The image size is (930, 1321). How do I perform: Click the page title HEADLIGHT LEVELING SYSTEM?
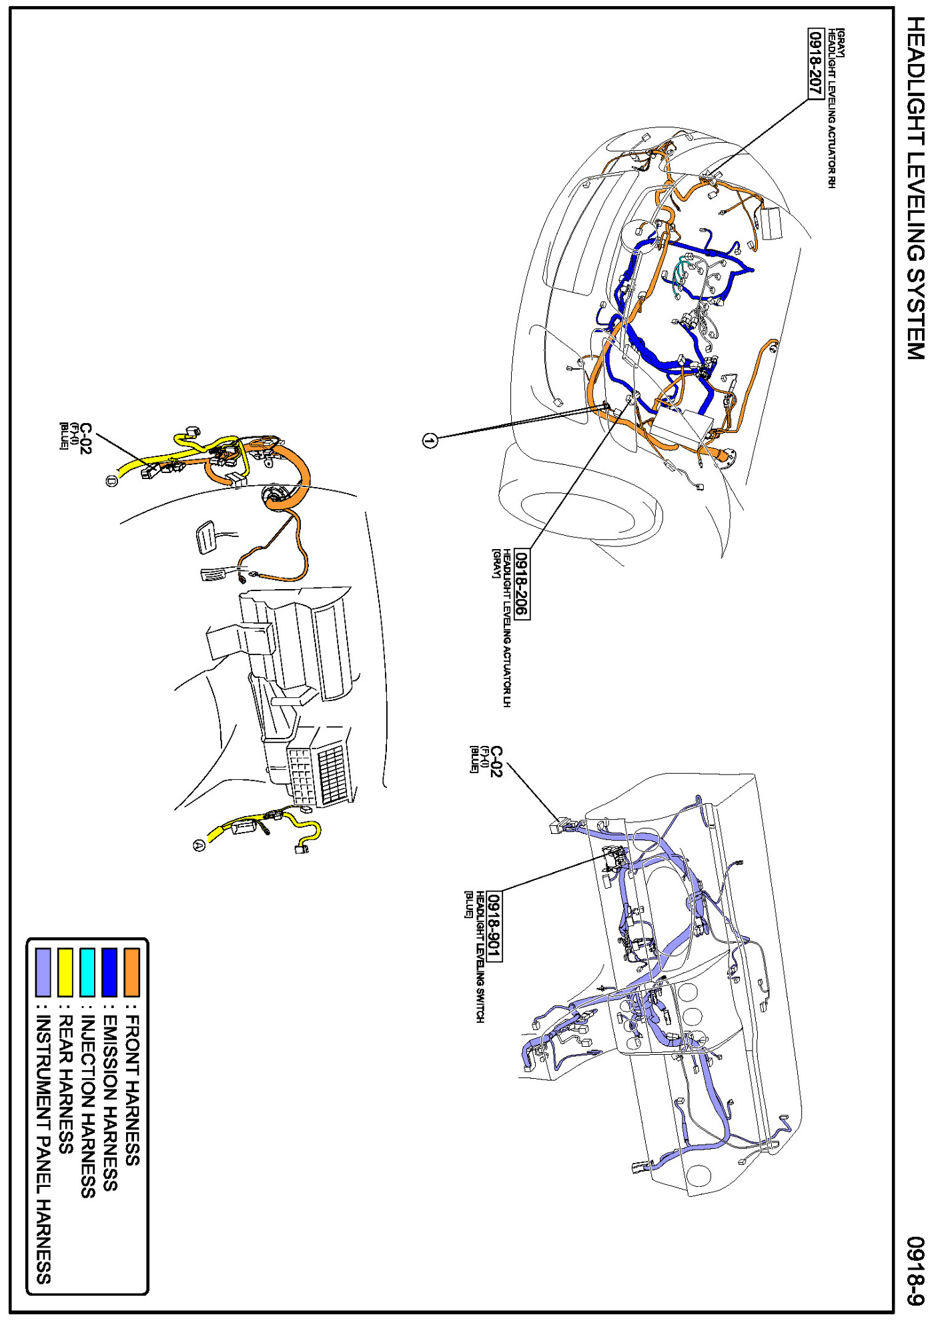[x=915, y=188]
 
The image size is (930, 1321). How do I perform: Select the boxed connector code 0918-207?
[x=815, y=64]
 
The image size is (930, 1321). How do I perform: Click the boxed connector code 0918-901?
[x=494, y=927]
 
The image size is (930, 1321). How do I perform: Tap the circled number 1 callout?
[x=430, y=440]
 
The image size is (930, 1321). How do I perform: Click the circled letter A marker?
[x=199, y=845]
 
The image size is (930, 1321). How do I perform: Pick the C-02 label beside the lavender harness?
[x=496, y=761]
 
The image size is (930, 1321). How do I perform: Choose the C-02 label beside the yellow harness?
[x=85, y=438]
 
